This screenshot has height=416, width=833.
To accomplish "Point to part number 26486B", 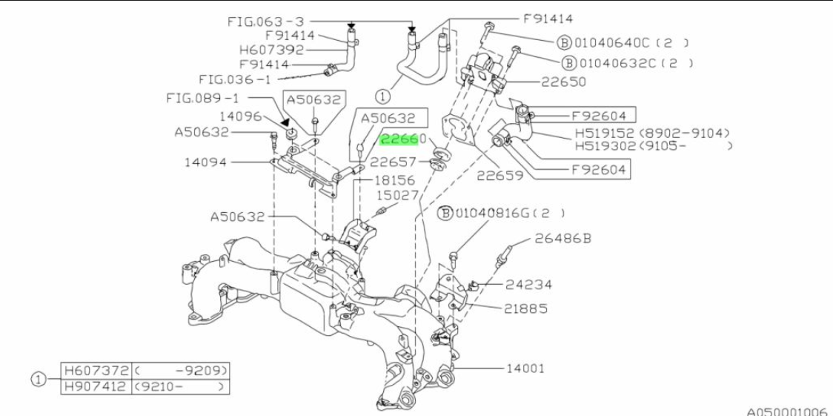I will pos(562,239).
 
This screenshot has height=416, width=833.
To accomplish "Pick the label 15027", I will pos(398,195).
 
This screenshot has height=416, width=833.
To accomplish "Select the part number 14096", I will pos(240,116).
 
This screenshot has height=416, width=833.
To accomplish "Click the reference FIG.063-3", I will pos(265,22).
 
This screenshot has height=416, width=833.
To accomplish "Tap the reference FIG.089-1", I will pos(203,97).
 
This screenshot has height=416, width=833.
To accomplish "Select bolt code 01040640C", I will pos(613,42).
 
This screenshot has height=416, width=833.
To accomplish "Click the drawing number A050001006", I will pos(787,409).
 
